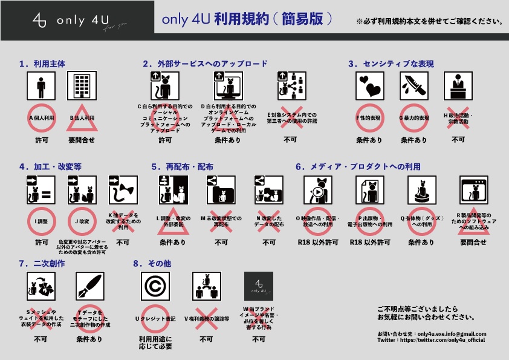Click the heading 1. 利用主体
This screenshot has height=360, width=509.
pyautogui.click(x=42, y=63)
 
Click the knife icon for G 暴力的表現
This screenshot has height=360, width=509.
pyautogui.click(x=413, y=86)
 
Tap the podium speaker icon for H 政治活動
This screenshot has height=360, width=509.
pyautogui.click(x=458, y=86)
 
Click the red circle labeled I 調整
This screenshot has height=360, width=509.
pyautogui.click(x=41, y=221)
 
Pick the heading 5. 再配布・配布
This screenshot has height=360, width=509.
pyautogui.click(x=182, y=166)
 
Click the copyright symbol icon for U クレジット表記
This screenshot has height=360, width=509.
pyautogui.click(x=155, y=286)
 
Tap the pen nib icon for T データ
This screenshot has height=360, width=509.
pyautogui.click(x=89, y=286)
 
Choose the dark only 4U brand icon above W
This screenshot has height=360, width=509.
pyautogui.click(x=258, y=286)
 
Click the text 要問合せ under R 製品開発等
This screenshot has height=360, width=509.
pyautogui.click(x=473, y=242)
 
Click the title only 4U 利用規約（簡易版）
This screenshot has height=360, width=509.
pyautogui.click(x=248, y=19)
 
